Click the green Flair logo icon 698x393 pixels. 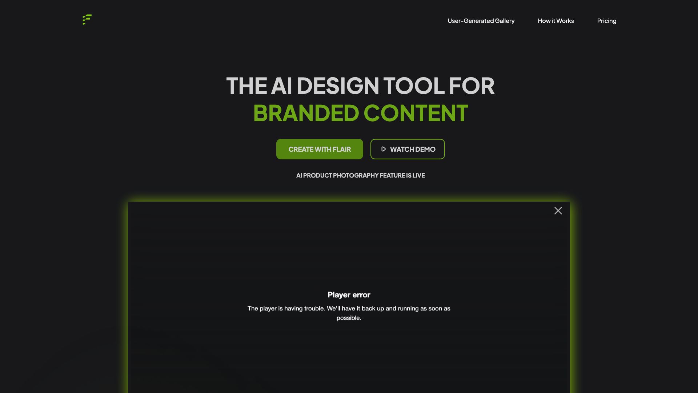coord(87,20)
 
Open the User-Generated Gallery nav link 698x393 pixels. coord(481,21)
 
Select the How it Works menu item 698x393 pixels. coord(555,21)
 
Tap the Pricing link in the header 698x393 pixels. coord(606,21)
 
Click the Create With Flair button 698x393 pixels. coord(320,149)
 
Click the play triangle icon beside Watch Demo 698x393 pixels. coord(383,149)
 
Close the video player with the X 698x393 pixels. coord(558,211)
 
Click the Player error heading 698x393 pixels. coord(349,295)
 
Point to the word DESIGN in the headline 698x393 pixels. coord(338,86)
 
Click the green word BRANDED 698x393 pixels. coord(306,113)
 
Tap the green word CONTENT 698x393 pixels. coord(416,113)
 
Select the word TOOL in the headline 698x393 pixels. coord(414,86)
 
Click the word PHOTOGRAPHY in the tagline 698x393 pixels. coord(356,175)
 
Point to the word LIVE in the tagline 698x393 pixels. coord(418,175)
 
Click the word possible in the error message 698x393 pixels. coord(348,318)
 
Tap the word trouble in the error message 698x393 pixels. coord(314,309)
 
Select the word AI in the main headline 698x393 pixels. coord(281,86)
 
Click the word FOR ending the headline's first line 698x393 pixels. coord(472,86)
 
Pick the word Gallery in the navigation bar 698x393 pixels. coord(505,21)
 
